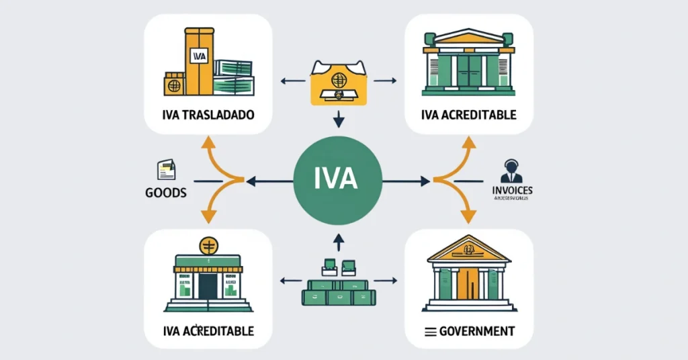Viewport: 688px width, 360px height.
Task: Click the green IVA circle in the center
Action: click(339, 181)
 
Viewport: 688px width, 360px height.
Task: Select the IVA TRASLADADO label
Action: click(208, 115)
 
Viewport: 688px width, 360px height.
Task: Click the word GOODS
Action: click(165, 192)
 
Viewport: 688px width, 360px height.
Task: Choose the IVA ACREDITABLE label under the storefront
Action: click(208, 331)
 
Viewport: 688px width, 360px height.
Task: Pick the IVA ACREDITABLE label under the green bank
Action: click(469, 115)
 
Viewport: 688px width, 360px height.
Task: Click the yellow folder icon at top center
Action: click(339, 82)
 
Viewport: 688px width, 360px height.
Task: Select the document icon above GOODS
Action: click(165, 169)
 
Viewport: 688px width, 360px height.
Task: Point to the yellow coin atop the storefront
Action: click(208, 245)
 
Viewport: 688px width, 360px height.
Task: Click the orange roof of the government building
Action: click(468, 251)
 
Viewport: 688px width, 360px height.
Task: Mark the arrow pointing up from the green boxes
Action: click(339, 240)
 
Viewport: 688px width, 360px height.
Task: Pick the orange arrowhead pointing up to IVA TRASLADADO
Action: click(208, 142)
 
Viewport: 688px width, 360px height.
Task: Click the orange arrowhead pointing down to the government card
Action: click(468, 216)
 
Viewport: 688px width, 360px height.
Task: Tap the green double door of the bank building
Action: click(469, 72)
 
